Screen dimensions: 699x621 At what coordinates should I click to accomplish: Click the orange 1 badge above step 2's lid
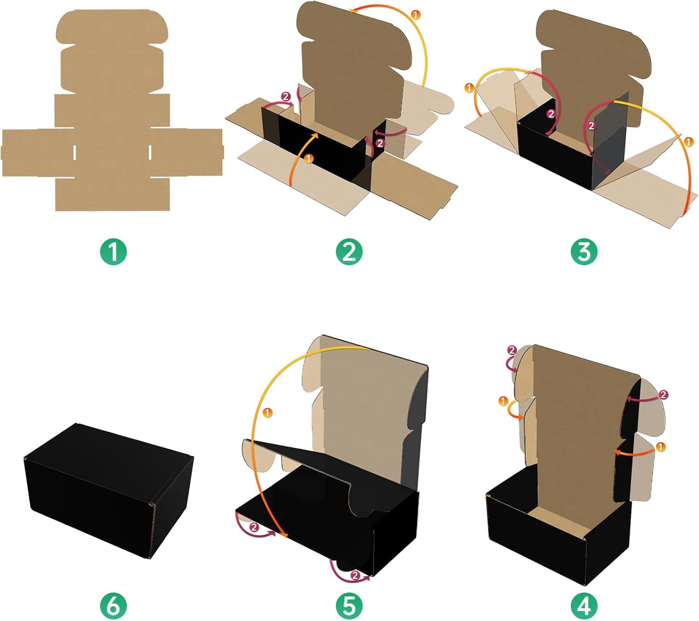pos(416,15)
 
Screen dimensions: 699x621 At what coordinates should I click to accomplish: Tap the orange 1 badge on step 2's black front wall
pos(308,159)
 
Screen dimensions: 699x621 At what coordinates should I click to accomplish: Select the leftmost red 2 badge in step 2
pos(286,97)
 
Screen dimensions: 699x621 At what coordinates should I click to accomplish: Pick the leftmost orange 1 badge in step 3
pos(469,88)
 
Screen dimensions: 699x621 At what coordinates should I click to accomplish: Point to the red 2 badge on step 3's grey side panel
pos(592,126)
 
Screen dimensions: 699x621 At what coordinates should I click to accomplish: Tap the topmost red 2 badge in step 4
pos(512,351)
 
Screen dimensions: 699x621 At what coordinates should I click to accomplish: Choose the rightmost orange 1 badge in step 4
pos(660,448)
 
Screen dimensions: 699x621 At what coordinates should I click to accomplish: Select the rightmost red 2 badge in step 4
pos(663,394)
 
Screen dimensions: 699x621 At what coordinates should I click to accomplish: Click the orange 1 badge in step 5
pos(267,413)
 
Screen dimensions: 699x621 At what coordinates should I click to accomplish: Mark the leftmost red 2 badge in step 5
pos(254,528)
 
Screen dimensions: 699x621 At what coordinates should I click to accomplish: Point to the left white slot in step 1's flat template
pos(75,153)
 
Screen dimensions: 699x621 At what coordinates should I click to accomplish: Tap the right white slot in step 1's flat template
pos(150,153)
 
